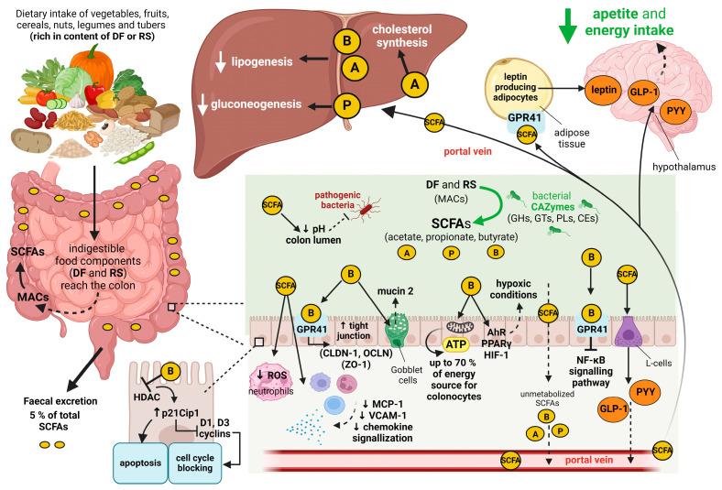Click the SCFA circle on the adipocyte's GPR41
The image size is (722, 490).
527,134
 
